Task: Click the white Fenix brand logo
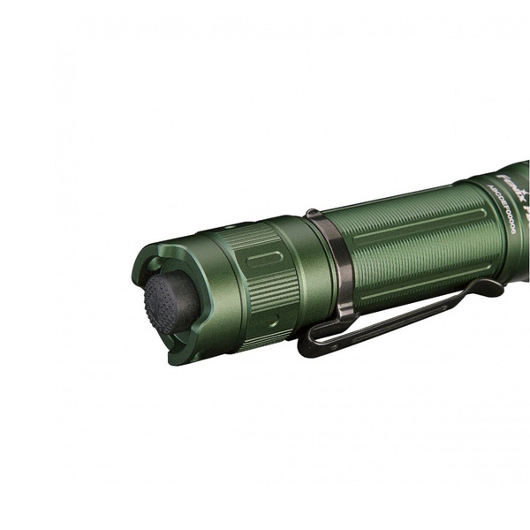pos(503,181)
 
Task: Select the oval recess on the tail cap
pos(265,258)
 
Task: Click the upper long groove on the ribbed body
pos(415,221)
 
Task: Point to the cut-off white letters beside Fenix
pos(523,190)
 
